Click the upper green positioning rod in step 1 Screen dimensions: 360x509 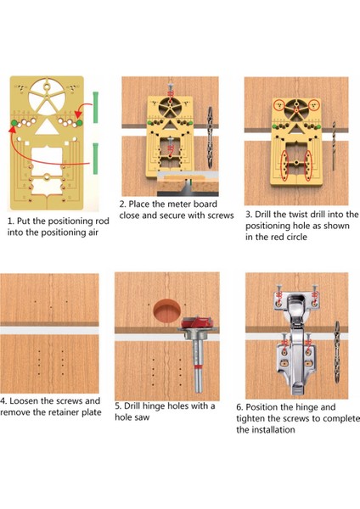click(96, 107)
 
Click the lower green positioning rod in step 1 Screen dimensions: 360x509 click(96, 159)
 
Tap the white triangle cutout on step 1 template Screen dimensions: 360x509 click(47, 126)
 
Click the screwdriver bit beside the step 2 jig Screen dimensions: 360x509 click(210, 137)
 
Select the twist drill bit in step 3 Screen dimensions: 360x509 click(334, 145)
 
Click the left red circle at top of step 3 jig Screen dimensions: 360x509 click(278, 105)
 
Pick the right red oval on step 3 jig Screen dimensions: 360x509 click(307, 165)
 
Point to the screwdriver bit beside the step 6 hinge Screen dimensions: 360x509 click(336, 352)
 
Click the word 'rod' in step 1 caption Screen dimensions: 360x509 click(103, 221)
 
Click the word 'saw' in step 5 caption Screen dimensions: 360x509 click(142, 417)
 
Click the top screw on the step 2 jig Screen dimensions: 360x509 click(171, 90)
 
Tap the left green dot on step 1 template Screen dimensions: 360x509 click(14, 123)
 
